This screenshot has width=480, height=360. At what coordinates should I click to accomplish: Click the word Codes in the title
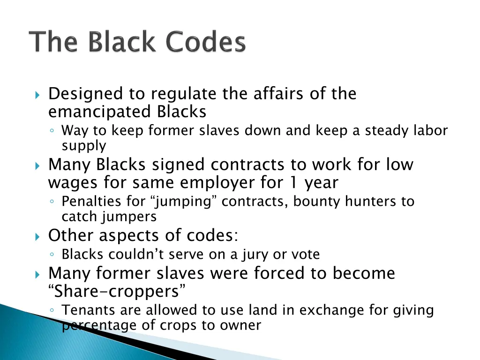(207, 43)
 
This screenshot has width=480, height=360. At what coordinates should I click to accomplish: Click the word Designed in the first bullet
(85, 94)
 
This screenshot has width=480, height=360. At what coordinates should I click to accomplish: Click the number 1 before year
(296, 182)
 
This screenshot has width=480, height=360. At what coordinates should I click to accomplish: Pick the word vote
(305, 255)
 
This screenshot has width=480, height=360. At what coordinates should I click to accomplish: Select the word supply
(84, 146)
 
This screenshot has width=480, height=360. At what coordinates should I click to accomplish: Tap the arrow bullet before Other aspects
(38, 236)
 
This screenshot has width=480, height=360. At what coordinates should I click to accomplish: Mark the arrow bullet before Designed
(38, 95)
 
